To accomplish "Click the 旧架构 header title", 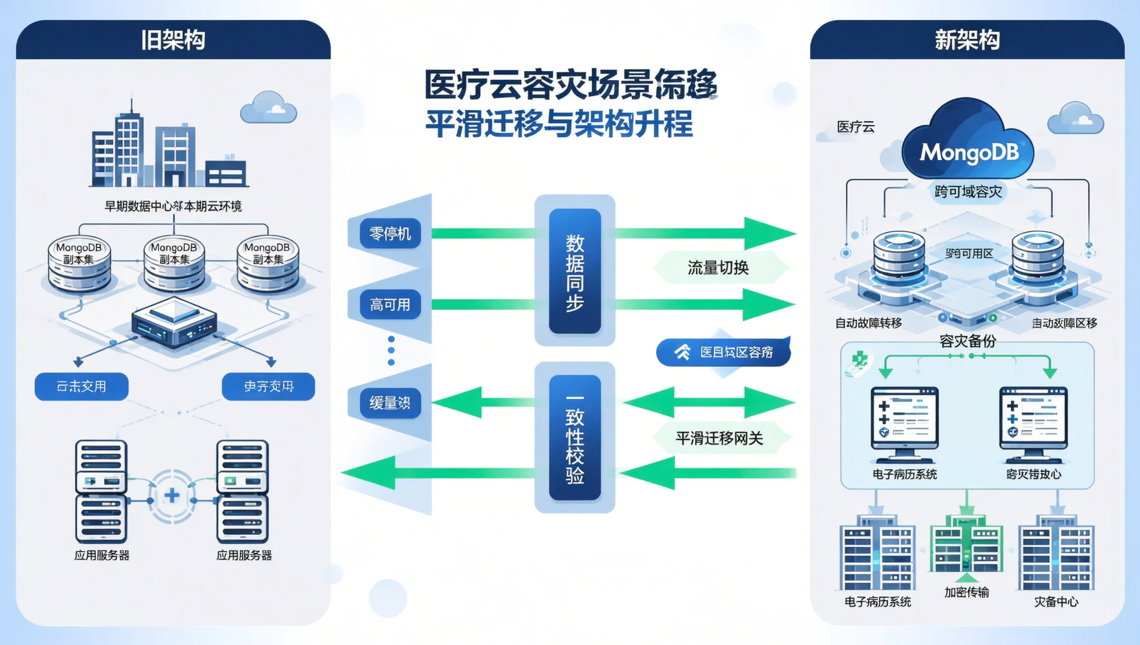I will (173, 40).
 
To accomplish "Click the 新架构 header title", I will (967, 40).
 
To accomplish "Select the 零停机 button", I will (390, 234).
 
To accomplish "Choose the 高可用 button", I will (390, 305).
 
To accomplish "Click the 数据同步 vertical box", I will (575, 271).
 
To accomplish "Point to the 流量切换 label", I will (718, 268).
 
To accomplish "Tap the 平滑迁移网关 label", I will (719, 439).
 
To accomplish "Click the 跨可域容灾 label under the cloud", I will (968, 192).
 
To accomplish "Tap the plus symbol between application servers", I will (172, 496).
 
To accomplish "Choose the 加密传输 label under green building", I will (966, 592).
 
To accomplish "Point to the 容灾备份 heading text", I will (967, 341).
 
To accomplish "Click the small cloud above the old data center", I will (268, 108).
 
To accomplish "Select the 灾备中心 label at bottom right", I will (1055, 602).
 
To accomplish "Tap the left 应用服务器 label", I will (101, 555).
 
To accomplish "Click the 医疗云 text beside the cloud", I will (856, 127).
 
